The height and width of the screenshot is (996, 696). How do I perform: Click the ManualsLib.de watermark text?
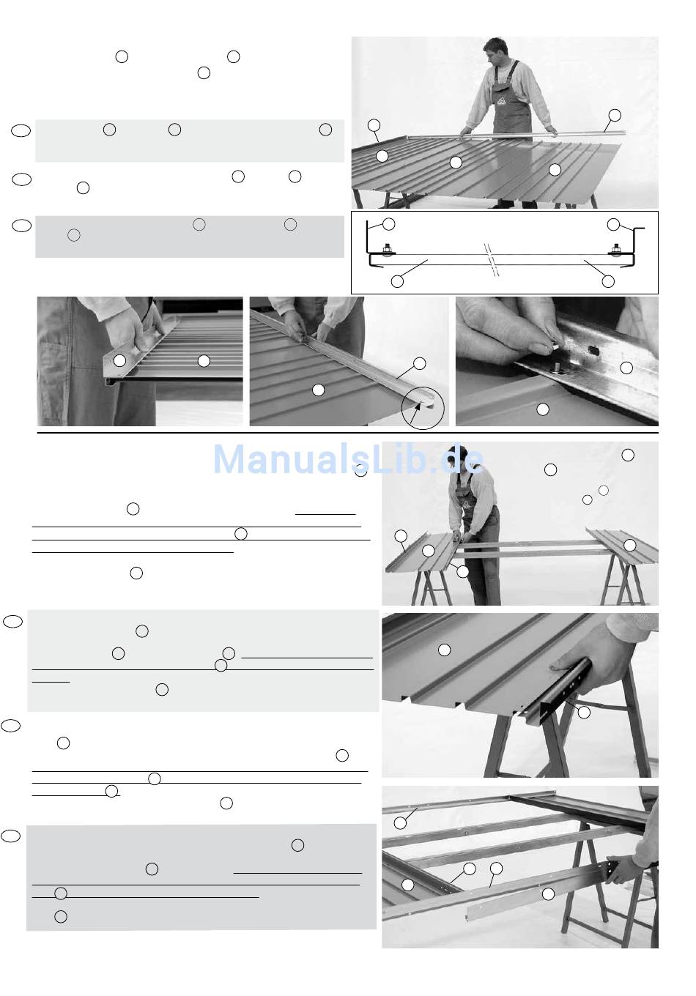pyautogui.click(x=348, y=459)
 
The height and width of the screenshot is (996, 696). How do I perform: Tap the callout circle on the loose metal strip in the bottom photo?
pyautogui.click(x=548, y=893)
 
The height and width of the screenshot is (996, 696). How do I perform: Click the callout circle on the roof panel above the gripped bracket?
pyautogui.click(x=444, y=650)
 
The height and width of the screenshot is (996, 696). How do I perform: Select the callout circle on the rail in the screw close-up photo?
pyautogui.click(x=626, y=368)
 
